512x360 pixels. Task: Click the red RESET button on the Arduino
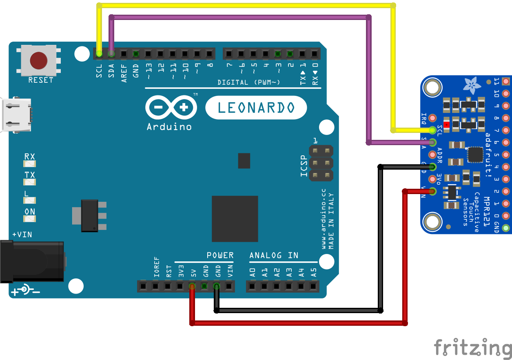click(x=38, y=60)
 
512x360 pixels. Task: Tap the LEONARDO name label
click(x=256, y=108)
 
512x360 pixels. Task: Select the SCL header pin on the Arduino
click(x=99, y=53)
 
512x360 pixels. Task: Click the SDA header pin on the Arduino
click(x=111, y=53)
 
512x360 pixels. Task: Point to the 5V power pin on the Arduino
click(x=192, y=287)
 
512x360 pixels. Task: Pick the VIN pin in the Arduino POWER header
click(x=229, y=287)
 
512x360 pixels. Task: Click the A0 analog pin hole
click(x=253, y=287)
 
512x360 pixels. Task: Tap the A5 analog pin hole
click(x=314, y=287)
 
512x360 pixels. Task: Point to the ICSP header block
click(x=321, y=163)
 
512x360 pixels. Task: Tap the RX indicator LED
click(x=30, y=163)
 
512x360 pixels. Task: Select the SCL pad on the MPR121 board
click(x=433, y=130)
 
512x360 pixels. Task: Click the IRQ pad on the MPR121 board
click(x=433, y=118)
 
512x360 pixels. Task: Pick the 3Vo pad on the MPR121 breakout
click(x=433, y=179)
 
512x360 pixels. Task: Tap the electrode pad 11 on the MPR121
click(x=506, y=81)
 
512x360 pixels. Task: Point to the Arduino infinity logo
click(x=171, y=108)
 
